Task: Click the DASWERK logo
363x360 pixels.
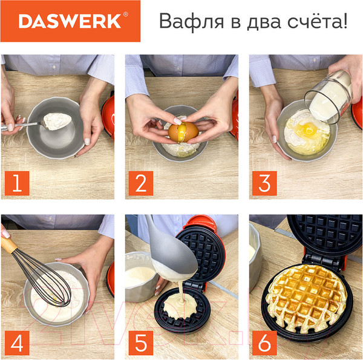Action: tap(69, 21)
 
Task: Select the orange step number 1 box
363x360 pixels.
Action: tap(16, 183)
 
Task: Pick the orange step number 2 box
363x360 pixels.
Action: tap(140, 183)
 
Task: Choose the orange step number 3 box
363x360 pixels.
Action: tap(264, 183)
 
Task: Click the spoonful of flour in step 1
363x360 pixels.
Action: tap(56, 121)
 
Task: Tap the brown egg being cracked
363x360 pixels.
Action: tap(183, 129)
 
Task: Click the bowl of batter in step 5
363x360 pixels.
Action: tap(140, 275)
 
